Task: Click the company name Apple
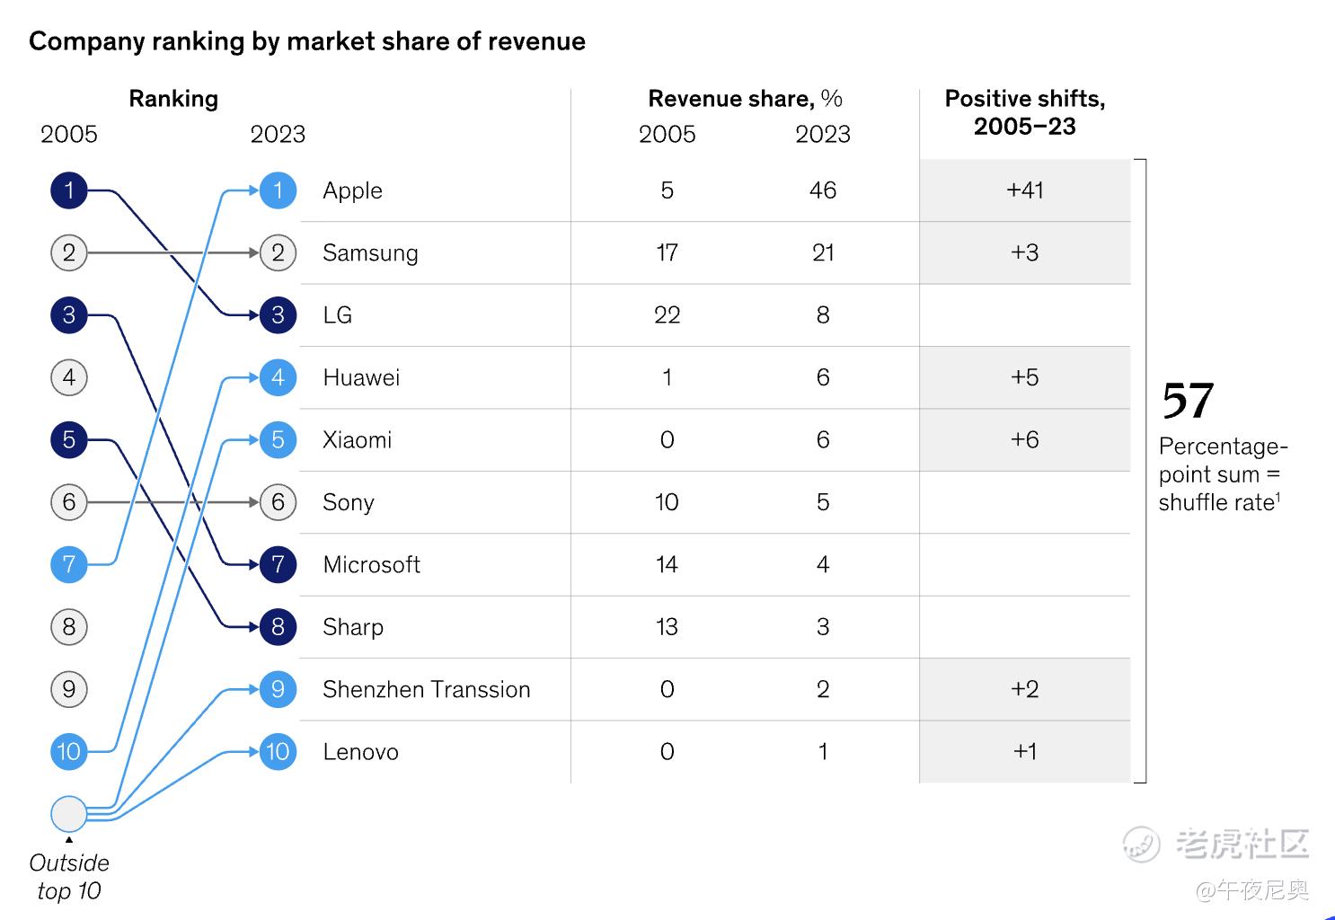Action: click(352, 190)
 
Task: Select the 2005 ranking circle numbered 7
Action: click(69, 564)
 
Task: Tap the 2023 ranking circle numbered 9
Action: click(278, 689)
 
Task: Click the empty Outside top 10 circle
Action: click(69, 814)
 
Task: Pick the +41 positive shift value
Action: click(1024, 190)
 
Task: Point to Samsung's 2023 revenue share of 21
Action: click(822, 252)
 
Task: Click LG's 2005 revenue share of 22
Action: click(667, 315)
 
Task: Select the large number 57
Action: click(1188, 401)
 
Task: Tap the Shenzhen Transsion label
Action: click(426, 689)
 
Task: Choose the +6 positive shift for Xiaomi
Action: click(1024, 439)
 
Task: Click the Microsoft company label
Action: click(371, 564)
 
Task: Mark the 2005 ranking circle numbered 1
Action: click(69, 190)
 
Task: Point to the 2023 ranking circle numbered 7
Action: click(278, 564)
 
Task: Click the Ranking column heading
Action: click(173, 99)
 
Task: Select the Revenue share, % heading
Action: click(745, 99)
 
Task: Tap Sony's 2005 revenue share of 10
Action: click(667, 502)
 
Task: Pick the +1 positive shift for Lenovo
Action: click(1024, 751)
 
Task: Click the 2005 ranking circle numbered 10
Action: click(69, 751)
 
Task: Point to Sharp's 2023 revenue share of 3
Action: click(822, 627)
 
